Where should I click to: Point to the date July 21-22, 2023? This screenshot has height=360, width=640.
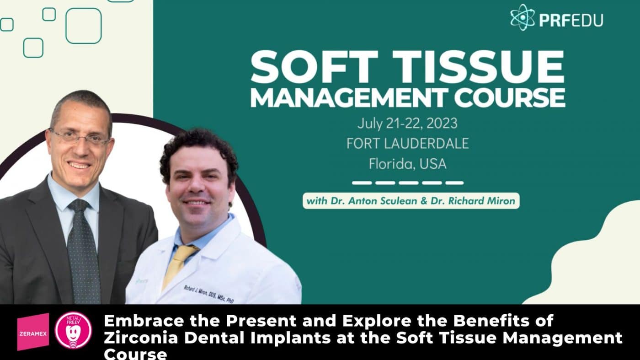click(x=407, y=124)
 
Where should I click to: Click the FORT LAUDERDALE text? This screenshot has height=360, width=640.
click(x=407, y=144)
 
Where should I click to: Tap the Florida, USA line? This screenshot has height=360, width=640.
click(x=407, y=164)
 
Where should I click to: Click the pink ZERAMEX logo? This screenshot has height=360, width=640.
click(x=33, y=332)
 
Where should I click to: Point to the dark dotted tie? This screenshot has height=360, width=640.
click(x=83, y=252)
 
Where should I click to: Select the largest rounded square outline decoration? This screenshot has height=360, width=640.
click(x=83, y=26)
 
